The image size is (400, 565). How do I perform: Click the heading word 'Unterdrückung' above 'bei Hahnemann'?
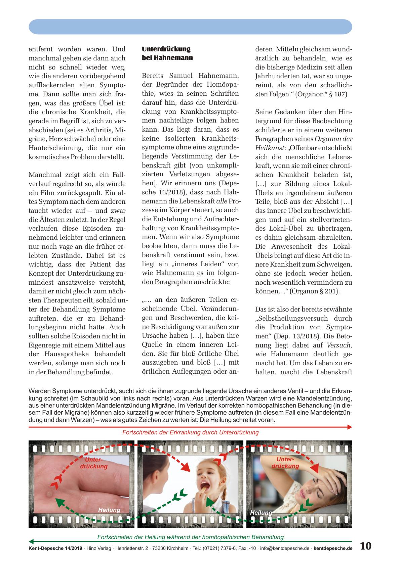coord(166,49)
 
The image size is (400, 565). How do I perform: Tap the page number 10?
coord(366,546)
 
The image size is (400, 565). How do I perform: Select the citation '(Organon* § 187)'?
coord(321,94)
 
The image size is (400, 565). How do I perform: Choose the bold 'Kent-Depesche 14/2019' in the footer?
coord(55,548)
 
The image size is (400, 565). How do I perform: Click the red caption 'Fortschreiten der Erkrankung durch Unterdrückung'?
coord(190,432)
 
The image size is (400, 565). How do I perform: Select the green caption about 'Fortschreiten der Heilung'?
coord(190,537)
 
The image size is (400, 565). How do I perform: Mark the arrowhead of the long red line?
coord(350,427)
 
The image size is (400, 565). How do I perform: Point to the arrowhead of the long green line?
coord(31,542)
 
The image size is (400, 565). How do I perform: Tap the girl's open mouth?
coord(204,486)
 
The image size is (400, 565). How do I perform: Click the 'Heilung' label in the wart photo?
coord(109,510)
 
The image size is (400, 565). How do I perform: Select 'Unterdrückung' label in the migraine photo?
coord(285,463)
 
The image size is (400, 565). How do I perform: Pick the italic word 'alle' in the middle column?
coord(222,201)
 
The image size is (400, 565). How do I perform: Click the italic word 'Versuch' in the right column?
coord(339,345)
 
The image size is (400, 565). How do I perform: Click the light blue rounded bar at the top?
coord(190,27)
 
